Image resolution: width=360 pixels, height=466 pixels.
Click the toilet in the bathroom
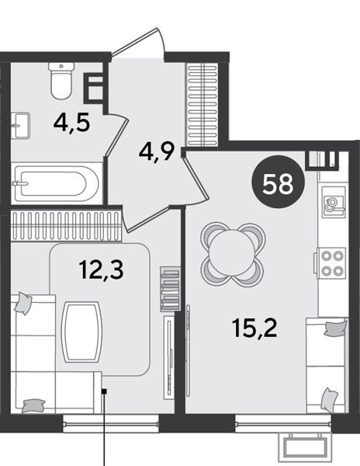tap(61, 81)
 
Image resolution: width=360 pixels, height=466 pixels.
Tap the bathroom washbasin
tap(20, 125)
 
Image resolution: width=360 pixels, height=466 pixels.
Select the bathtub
tap(57, 183)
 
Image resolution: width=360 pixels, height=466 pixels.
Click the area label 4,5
tap(71, 123)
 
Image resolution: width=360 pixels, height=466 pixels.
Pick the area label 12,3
tap(101, 270)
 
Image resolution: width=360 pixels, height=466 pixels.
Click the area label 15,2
tap(255, 328)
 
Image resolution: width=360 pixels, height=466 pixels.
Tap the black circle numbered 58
tap(278, 182)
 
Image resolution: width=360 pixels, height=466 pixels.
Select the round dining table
tap(232, 254)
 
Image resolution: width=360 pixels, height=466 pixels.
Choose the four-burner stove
tap(332, 263)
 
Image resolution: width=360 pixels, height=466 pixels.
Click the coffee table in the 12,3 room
tap(82, 332)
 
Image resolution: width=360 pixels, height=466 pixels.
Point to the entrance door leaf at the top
tap(135, 42)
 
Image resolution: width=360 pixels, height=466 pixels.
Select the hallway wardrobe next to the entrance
tap(202, 105)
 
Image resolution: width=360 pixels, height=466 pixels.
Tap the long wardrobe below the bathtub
tap(66, 225)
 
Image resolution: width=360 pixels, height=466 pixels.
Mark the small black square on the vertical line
tap(104, 391)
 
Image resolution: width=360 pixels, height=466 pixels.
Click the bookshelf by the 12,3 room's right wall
tap(171, 289)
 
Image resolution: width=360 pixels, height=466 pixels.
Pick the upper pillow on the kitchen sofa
tap(335, 328)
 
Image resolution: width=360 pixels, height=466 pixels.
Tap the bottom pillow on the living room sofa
tap(33, 406)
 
